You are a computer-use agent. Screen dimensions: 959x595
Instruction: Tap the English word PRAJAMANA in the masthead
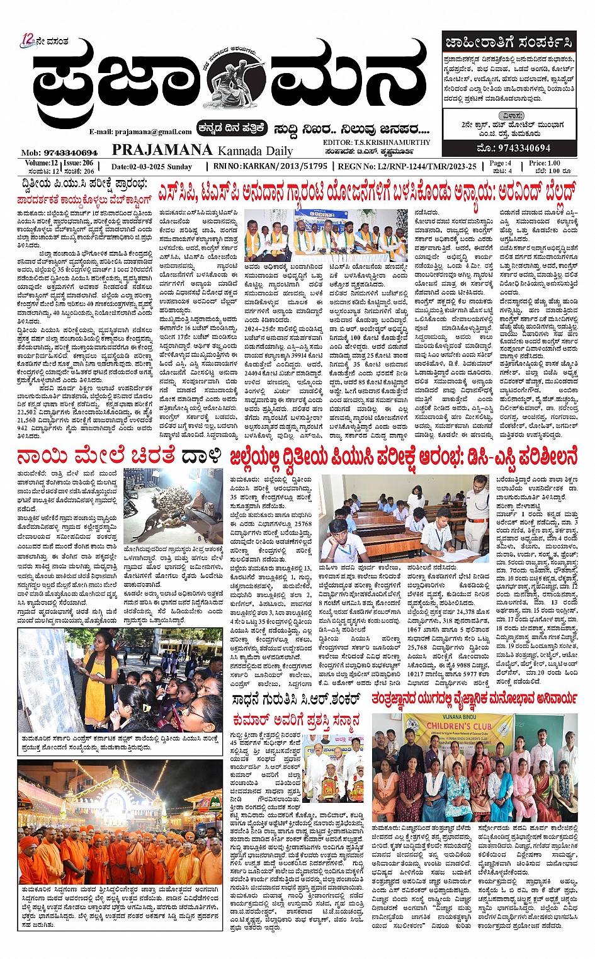click(x=162, y=150)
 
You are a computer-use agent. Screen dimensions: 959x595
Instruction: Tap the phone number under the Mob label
click(x=70, y=152)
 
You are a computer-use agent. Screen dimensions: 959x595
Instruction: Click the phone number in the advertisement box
click(x=514, y=148)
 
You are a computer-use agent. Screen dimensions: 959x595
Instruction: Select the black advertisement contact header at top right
click(x=508, y=43)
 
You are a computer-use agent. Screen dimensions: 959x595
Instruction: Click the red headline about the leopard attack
click(x=119, y=456)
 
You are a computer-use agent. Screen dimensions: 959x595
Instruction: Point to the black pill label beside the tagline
click(x=231, y=128)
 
